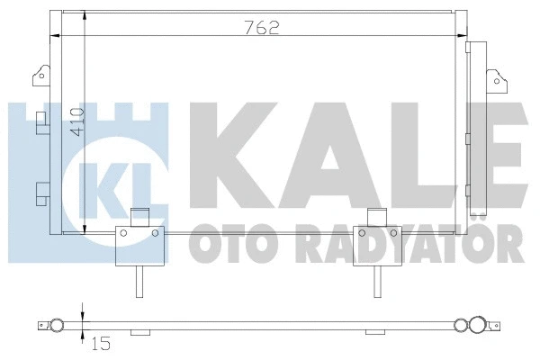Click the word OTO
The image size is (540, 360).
coord(225,245)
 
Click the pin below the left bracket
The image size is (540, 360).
coord(138,283)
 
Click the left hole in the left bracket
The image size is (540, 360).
coord(121,233)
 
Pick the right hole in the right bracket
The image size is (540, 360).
coord(393,233)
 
